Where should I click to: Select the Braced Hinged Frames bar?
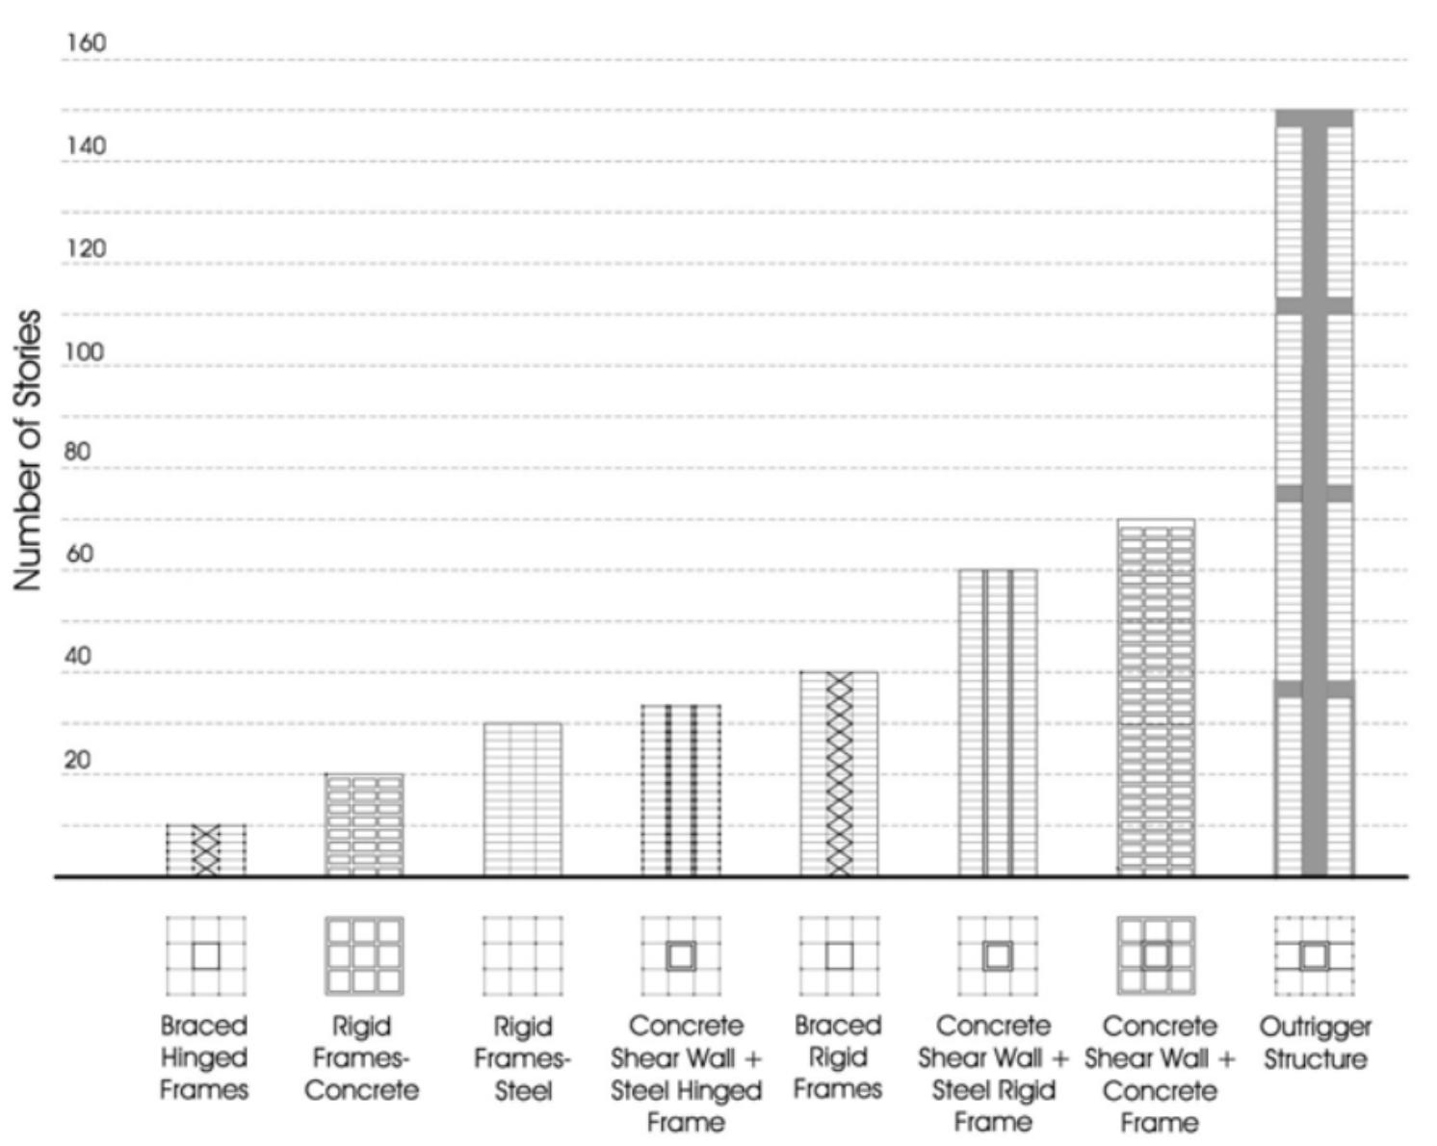tap(206, 850)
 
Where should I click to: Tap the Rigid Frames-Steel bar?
tap(522, 799)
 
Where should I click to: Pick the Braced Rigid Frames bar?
tap(839, 774)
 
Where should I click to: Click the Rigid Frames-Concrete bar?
tap(364, 825)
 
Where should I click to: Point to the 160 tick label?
tap(86, 43)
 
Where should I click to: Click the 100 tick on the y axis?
tap(86, 352)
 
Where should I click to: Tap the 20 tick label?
tap(78, 760)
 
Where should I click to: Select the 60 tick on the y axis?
tap(80, 555)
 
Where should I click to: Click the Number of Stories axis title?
tap(28, 450)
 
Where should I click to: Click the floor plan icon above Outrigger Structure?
tap(1314, 955)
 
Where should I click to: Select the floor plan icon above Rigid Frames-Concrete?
tap(364, 955)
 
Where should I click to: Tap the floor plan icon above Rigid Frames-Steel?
tap(522, 955)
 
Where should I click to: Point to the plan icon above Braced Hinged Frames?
tap(206, 955)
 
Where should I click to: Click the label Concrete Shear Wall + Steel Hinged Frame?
tap(686, 1074)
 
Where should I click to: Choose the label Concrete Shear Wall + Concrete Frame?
tap(1159, 1074)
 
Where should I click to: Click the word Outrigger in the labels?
tap(1315, 1027)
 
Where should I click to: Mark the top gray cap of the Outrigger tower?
tap(1314, 117)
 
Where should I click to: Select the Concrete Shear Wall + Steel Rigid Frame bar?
tap(998, 722)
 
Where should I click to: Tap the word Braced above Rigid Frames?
tap(838, 1026)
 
